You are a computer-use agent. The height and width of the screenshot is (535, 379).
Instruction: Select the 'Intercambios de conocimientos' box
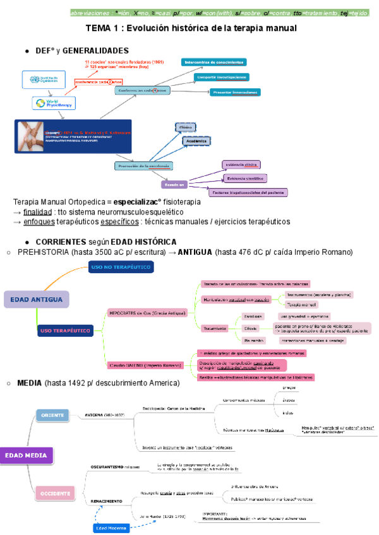click(213, 62)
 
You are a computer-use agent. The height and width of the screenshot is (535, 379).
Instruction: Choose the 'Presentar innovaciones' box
click(234, 92)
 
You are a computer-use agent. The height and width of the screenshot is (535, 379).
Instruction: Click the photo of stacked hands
click(29, 138)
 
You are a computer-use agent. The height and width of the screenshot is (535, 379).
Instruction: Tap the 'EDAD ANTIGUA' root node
click(35, 299)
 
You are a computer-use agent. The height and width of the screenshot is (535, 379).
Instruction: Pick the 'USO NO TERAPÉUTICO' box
click(121, 267)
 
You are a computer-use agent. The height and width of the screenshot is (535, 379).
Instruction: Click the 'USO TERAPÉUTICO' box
click(66, 329)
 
